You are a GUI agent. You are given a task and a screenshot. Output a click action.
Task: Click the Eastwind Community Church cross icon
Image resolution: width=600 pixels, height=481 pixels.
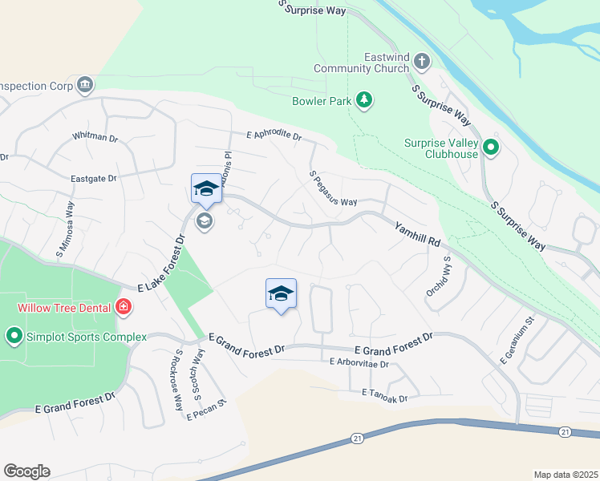(x=421, y=61)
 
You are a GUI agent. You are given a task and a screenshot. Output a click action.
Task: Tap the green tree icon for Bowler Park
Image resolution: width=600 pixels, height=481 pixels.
(x=365, y=99)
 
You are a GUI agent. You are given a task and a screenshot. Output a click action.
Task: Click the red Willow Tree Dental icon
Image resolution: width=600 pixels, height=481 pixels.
(x=123, y=305)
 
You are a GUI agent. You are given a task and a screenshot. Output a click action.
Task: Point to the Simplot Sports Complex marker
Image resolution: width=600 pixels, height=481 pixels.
(x=14, y=336)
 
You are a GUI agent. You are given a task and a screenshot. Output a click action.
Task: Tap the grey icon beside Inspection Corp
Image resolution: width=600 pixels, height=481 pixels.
(x=84, y=85)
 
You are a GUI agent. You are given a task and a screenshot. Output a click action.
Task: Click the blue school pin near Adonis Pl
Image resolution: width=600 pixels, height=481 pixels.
(x=206, y=189)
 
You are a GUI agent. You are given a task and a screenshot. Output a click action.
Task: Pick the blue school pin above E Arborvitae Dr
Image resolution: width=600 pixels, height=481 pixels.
(x=281, y=293)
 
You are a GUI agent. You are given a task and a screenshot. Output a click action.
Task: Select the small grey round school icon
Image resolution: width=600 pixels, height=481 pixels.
(x=205, y=221)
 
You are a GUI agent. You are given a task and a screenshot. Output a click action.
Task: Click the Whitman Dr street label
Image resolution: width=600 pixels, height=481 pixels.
(x=95, y=137)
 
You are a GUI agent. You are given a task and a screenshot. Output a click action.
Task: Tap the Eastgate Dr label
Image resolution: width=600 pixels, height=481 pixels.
(x=94, y=177)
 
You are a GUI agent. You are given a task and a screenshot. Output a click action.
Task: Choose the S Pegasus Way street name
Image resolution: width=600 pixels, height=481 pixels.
(x=332, y=188)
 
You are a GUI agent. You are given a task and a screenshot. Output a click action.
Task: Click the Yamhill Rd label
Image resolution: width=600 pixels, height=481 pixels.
(x=418, y=234)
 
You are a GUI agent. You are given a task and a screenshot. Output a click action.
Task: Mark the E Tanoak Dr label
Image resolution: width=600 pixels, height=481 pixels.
(x=385, y=394)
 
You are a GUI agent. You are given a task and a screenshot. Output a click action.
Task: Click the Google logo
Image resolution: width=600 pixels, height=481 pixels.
(x=26, y=471)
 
